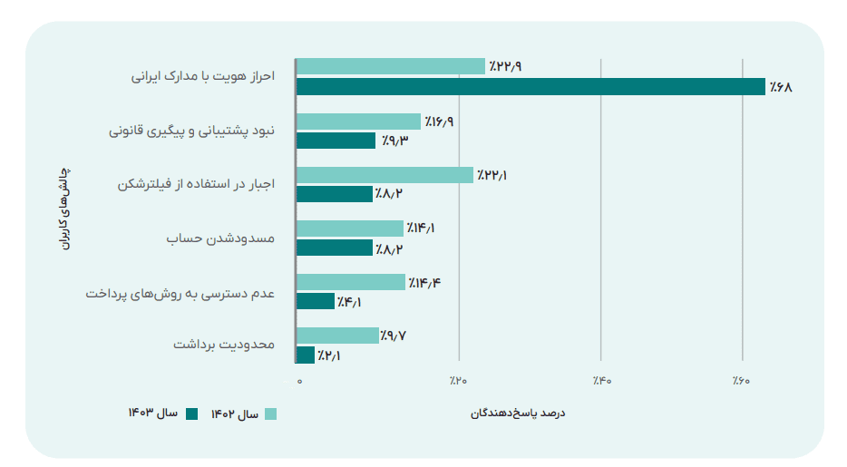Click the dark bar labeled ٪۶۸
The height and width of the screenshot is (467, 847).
[x=531, y=87]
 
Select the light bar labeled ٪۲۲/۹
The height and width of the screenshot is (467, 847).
[x=391, y=66]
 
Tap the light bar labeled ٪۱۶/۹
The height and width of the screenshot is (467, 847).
[x=358, y=121]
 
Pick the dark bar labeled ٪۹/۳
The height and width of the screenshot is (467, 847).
[x=336, y=141]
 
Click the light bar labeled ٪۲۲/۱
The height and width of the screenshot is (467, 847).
[x=385, y=174]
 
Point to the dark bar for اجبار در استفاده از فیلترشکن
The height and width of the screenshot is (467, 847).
[x=334, y=194]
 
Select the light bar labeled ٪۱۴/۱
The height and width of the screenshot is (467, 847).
[x=349, y=228]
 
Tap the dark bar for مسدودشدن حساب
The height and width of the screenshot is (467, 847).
[x=334, y=248]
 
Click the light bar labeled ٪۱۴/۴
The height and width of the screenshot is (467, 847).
[x=350, y=282]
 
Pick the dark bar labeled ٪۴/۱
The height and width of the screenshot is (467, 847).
[x=316, y=301]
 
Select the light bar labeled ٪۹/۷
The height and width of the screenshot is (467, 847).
[x=336, y=336]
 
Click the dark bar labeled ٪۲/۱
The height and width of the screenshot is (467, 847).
[x=306, y=355]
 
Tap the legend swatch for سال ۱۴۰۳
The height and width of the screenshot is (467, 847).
[x=191, y=414]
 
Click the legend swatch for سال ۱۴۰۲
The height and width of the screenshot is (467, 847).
[x=270, y=414]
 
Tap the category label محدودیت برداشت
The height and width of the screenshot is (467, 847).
[x=222, y=345]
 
